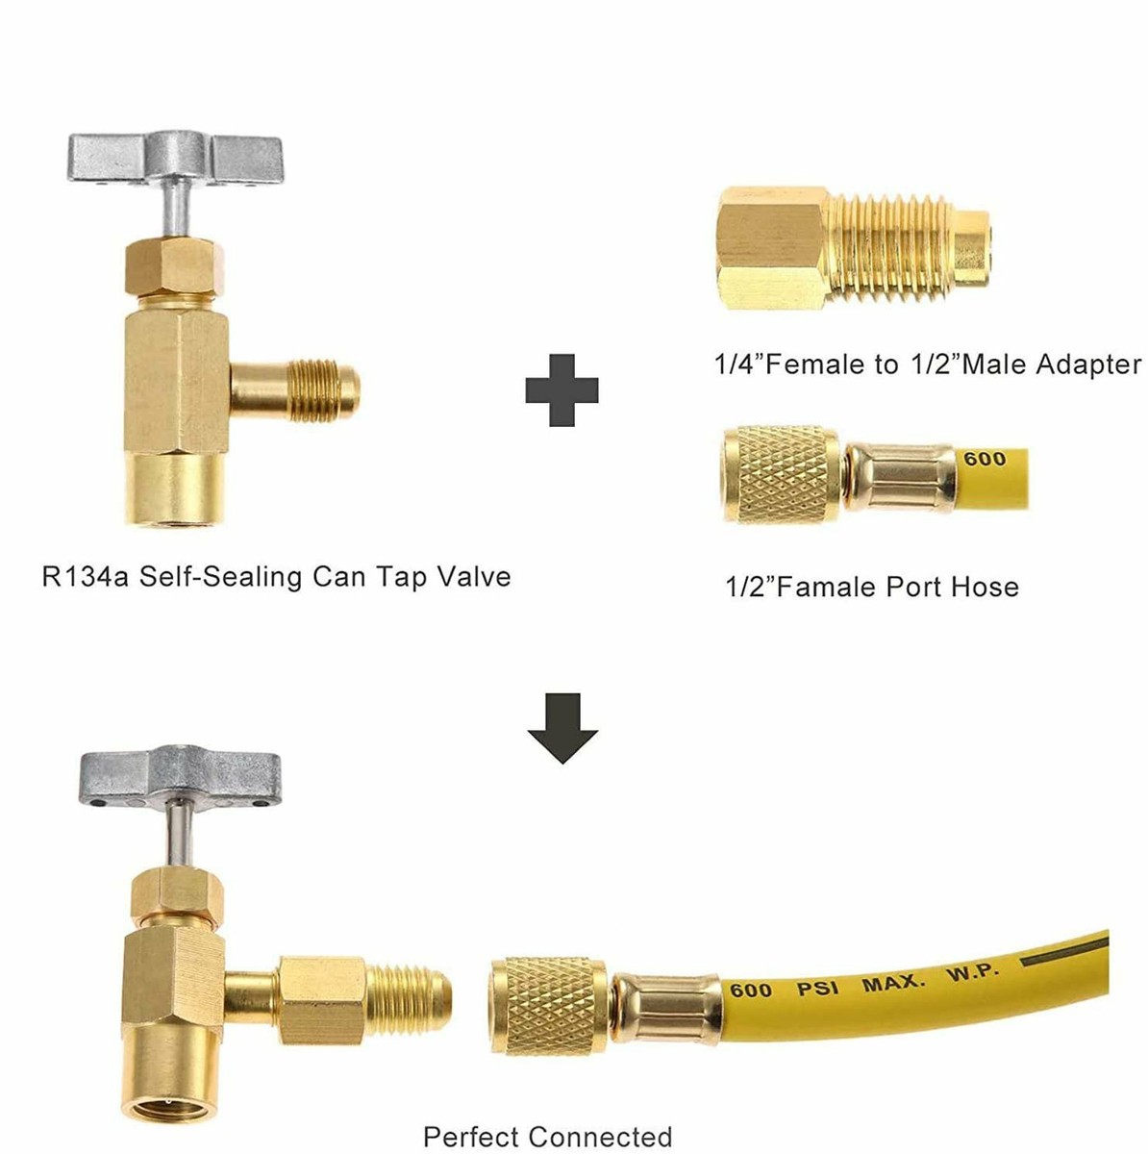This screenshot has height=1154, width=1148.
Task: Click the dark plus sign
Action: [562, 389]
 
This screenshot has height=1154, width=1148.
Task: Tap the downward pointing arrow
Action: [562, 728]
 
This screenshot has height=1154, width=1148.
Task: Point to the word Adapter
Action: [1089, 364]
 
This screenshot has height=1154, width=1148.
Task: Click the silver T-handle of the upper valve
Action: [175, 159]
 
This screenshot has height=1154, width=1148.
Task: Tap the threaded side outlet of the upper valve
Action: [323, 389]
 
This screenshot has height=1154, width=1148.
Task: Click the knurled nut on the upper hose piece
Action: [782, 474]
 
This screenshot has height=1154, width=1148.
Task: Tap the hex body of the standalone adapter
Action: [772, 247]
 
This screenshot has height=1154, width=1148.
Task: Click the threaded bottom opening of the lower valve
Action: [169, 1082]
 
